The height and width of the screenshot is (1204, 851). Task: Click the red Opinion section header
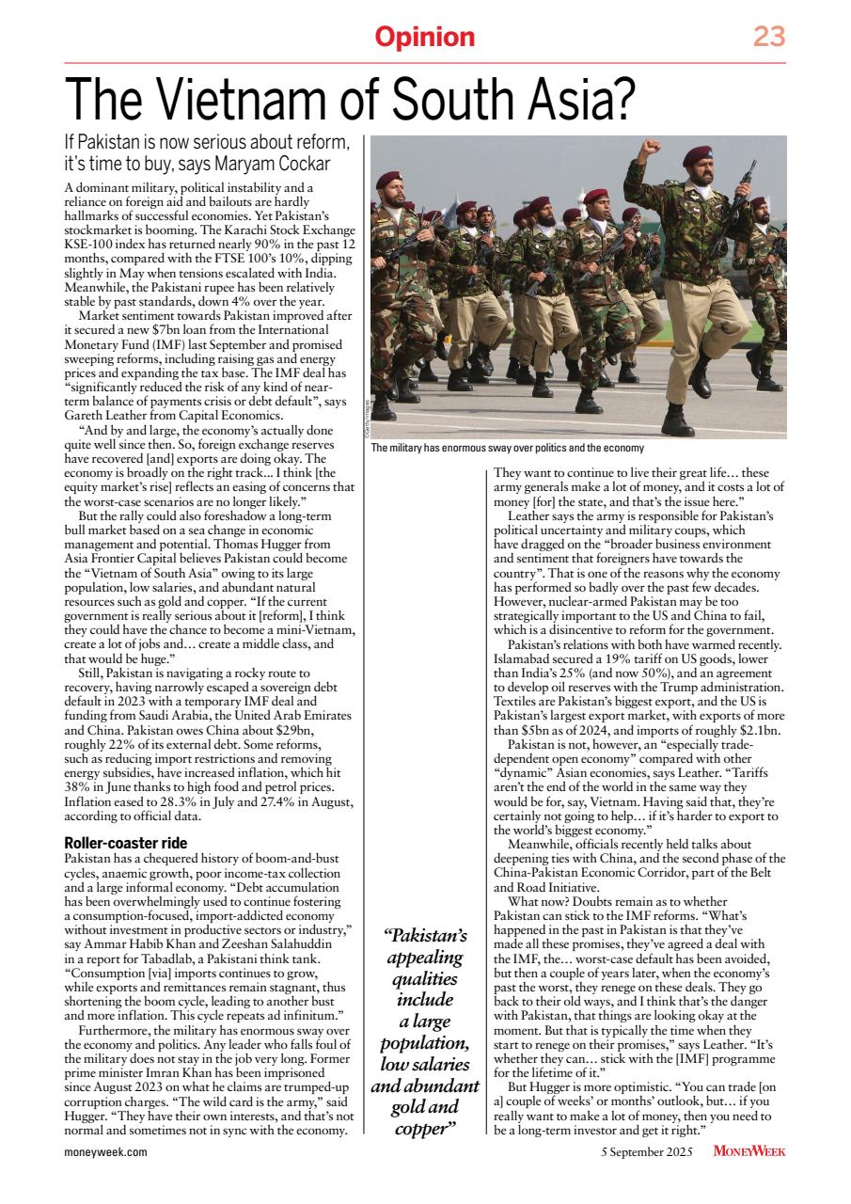pos(425,38)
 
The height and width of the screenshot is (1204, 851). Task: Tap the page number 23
pos(768,38)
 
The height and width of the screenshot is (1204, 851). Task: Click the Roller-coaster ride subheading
pos(125,843)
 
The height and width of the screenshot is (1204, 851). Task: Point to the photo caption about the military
pos(507,449)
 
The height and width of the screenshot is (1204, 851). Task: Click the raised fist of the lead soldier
pos(648,151)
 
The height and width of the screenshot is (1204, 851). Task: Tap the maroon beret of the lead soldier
pos(698,153)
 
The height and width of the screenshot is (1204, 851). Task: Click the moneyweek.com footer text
pos(105,1151)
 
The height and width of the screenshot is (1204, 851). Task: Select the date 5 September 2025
pos(650,1151)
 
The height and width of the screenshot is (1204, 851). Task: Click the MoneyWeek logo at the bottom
pos(749,1151)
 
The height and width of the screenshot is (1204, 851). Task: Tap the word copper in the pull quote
pos(421,1129)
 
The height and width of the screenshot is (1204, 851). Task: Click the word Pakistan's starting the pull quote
pos(424,935)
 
